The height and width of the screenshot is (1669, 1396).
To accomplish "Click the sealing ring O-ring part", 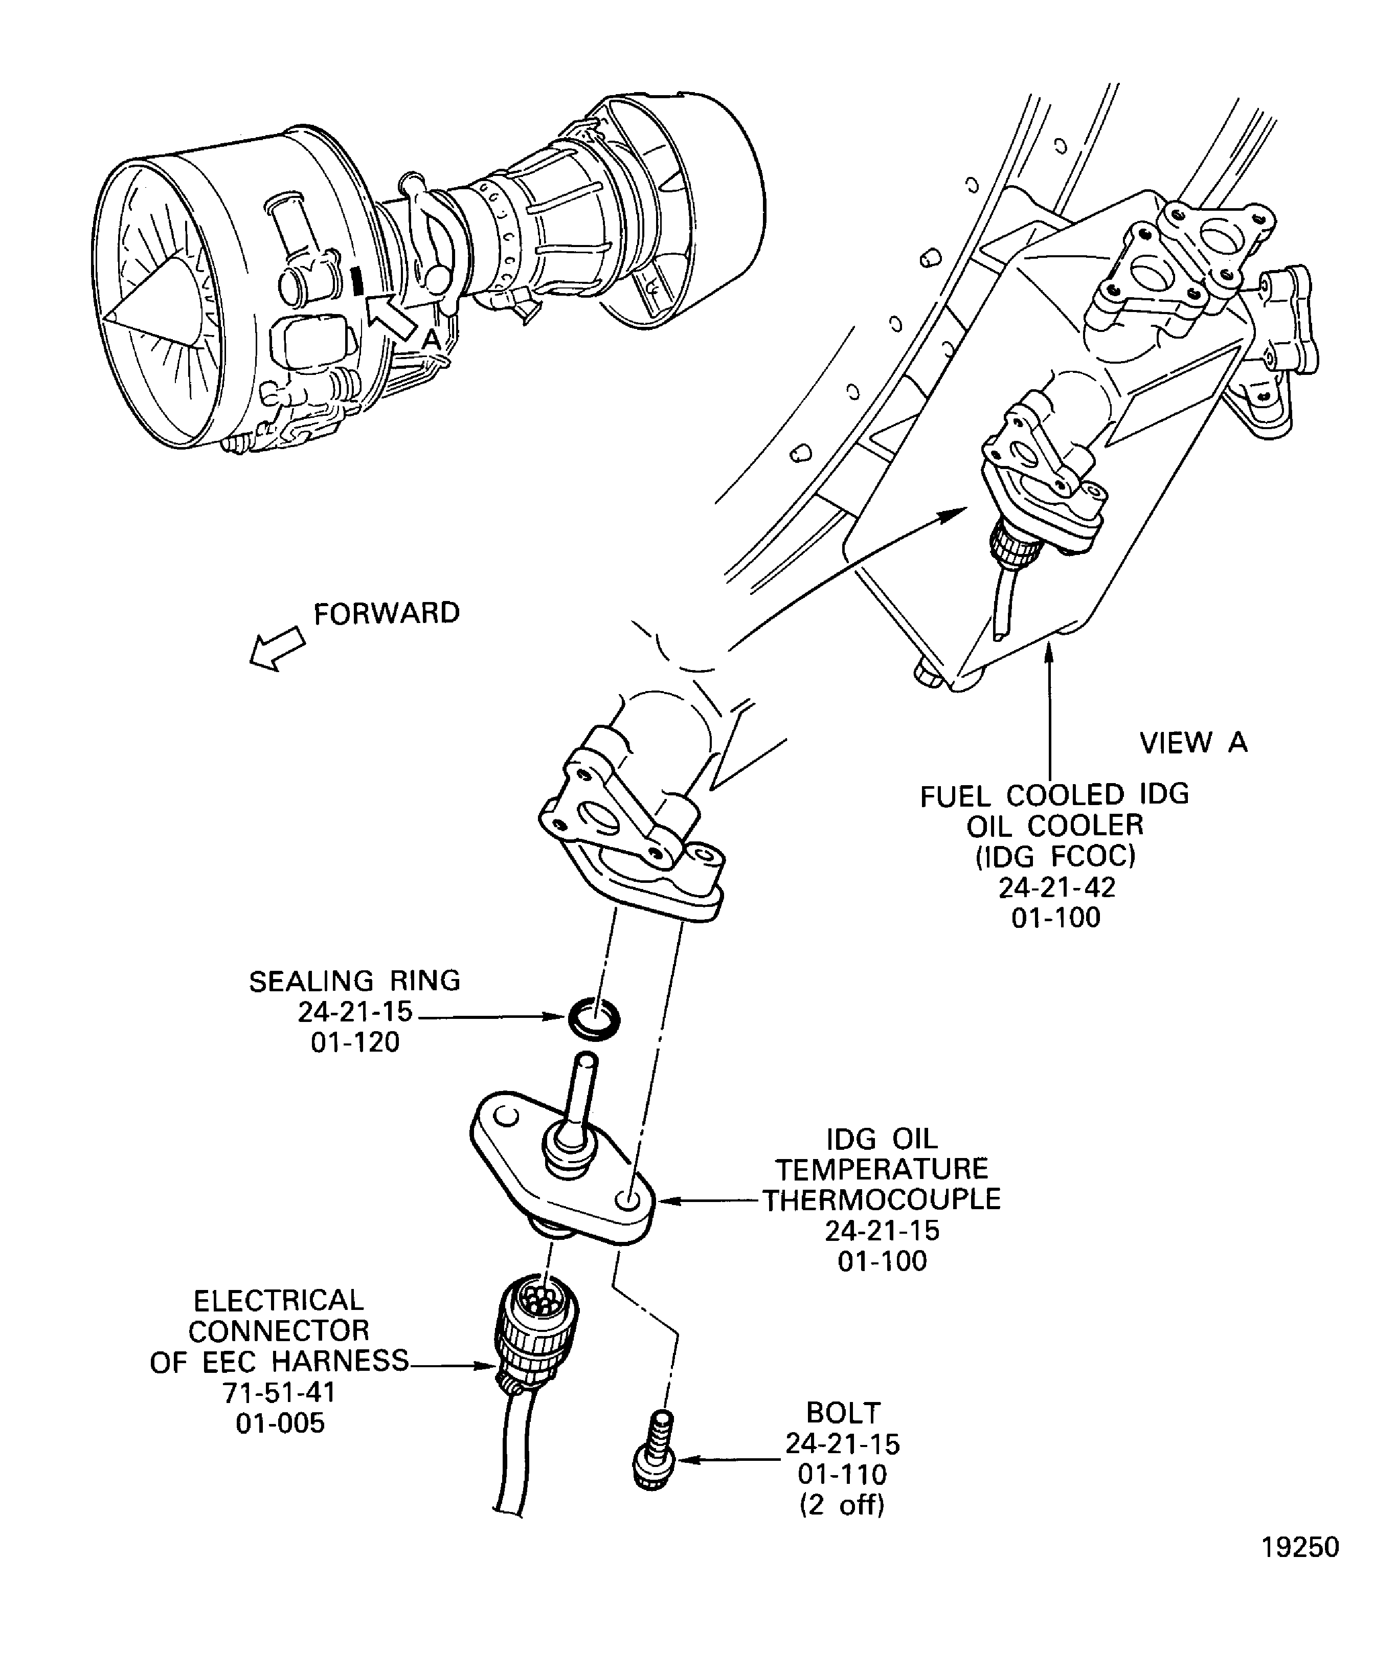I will pos(594,1018).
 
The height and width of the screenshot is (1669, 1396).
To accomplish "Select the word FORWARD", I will pos(387,614).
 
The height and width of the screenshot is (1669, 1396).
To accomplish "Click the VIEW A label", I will pos(1194,742).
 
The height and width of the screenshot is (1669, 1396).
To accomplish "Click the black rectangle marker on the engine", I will pos(357,280).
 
